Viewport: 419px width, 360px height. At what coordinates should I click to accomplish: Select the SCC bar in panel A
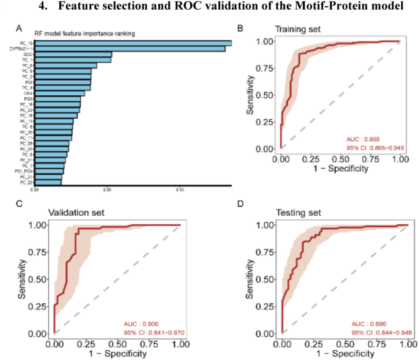[x=73, y=54]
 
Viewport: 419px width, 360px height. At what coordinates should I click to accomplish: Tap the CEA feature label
[x=28, y=94]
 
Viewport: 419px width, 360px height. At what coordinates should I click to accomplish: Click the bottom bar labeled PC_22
[x=48, y=182]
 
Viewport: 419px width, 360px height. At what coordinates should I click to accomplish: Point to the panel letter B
[x=240, y=29]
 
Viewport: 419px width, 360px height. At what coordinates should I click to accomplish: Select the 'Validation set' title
[x=77, y=213]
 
